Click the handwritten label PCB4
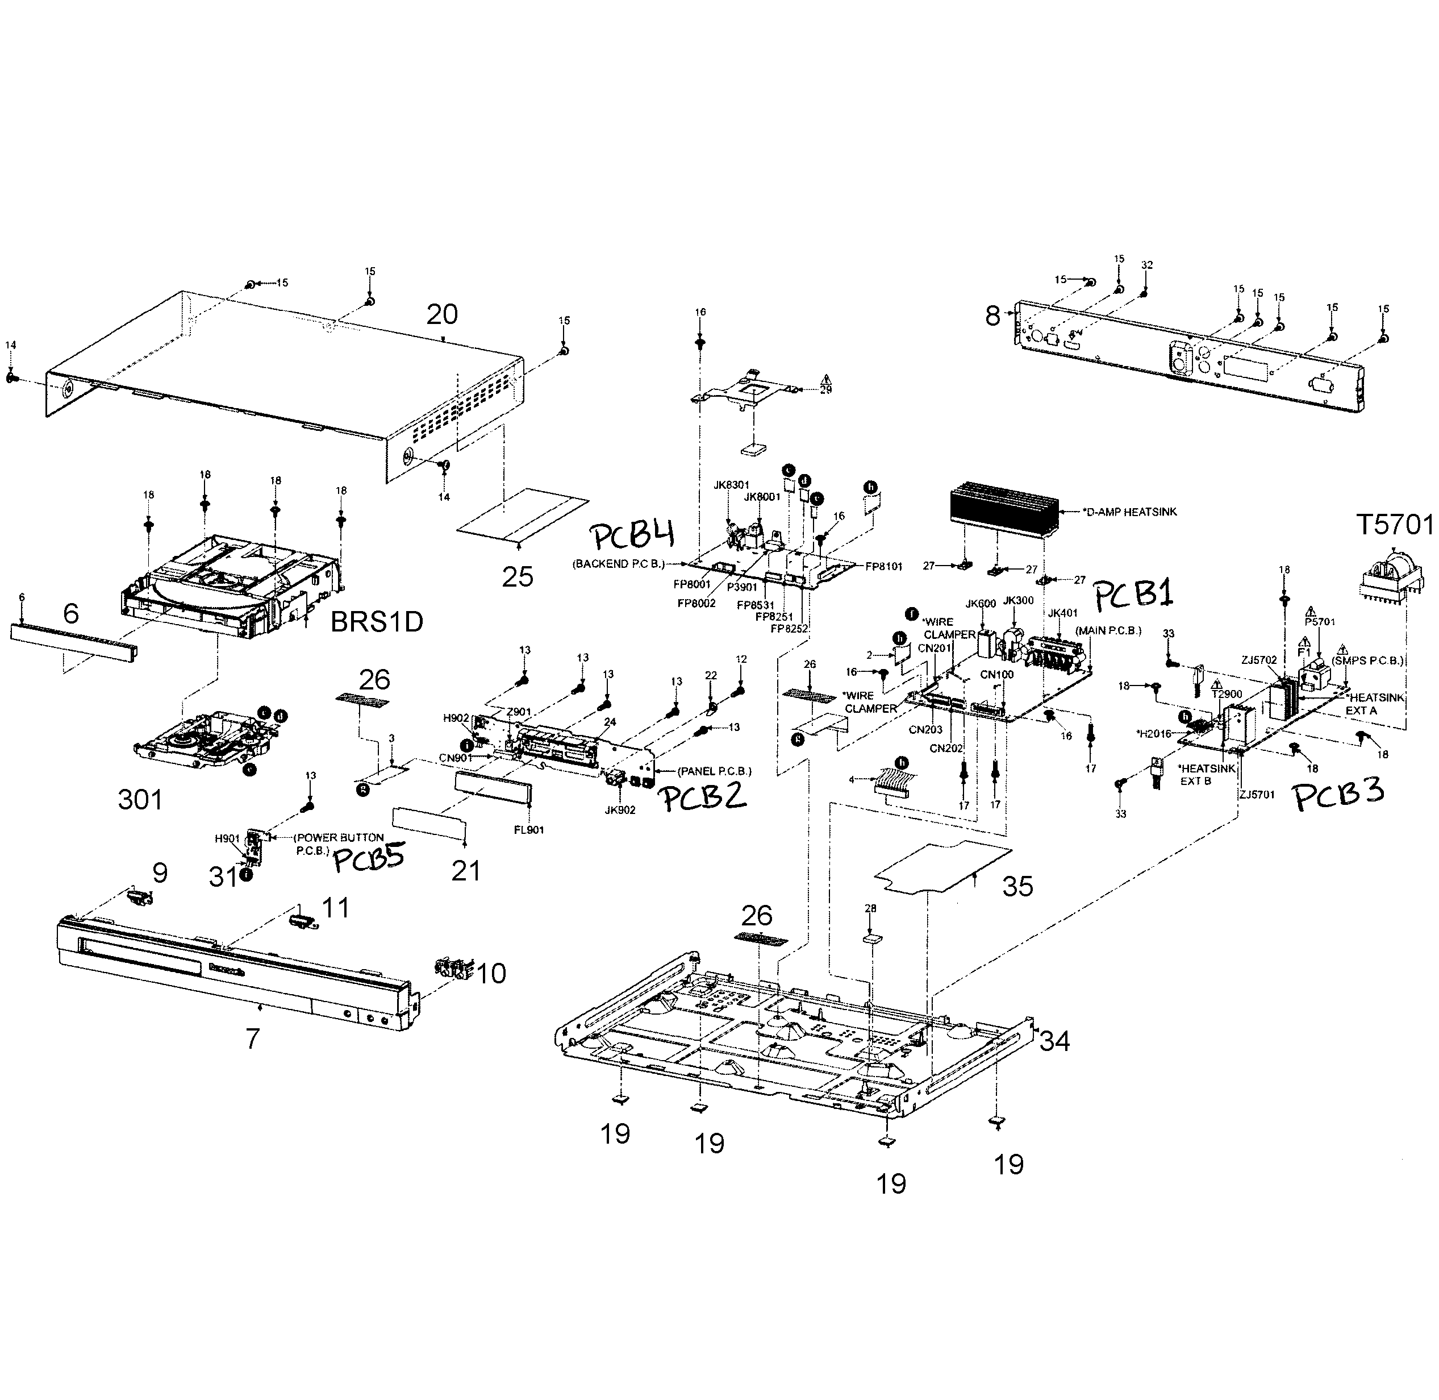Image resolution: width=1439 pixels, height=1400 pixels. point(633,538)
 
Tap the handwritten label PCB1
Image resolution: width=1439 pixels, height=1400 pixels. point(1133,594)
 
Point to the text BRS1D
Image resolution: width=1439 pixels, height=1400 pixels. point(376,622)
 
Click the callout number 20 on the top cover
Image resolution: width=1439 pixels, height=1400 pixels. point(443,315)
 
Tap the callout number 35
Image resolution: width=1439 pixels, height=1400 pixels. point(1018,887)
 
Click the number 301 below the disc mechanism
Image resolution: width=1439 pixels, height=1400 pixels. point(140,799)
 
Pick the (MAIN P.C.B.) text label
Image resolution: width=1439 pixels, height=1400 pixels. point(1108,630)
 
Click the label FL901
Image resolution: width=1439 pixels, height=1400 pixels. point(528,830)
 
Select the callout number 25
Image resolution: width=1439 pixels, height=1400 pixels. point(518,577)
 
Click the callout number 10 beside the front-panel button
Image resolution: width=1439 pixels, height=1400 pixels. point(491,974)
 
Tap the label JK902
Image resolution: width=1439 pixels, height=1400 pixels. point(620,809)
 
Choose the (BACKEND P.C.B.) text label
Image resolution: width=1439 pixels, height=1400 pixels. point(618,564)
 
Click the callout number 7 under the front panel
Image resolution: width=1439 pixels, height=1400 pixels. point(252,1039)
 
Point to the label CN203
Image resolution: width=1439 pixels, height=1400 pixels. point(925,730)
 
